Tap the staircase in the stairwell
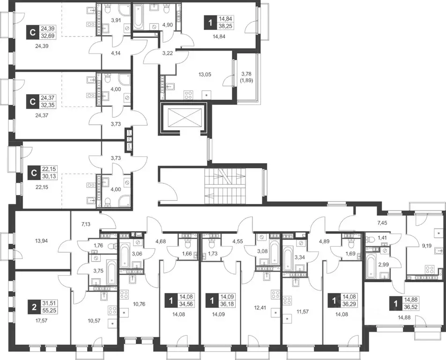point(225,186)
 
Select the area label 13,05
point(205,75)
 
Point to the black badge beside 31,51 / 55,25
point(34,307)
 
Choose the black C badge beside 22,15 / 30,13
point(34,173)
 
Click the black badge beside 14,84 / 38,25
point(210,22)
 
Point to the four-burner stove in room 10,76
point(124,294)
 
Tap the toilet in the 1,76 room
point(112,246)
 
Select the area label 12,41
point(260,307)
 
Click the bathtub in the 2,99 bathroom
point(372,266)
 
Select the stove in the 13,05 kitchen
point(188,95)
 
